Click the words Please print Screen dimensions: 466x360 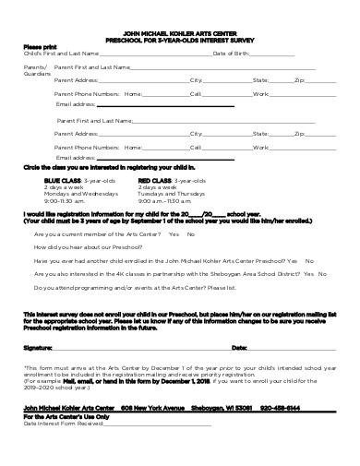40,46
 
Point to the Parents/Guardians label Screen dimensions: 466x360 36,70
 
